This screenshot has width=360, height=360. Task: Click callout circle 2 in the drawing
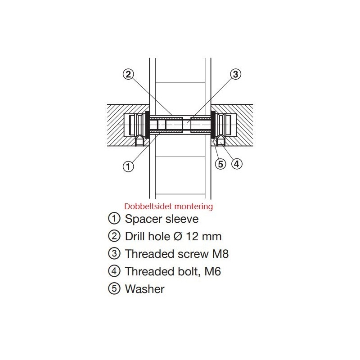point(128,74)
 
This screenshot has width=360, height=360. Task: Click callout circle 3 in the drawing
point(235,74)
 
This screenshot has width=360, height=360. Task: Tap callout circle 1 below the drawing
point(128,166)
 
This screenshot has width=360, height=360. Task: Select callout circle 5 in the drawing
point(220,164)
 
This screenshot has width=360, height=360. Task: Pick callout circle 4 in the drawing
point(237,164)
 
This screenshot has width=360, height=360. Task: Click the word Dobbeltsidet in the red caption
point(148,206)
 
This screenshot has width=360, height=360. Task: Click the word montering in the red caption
point(193,207)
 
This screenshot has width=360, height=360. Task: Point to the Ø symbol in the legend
point(178,237)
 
